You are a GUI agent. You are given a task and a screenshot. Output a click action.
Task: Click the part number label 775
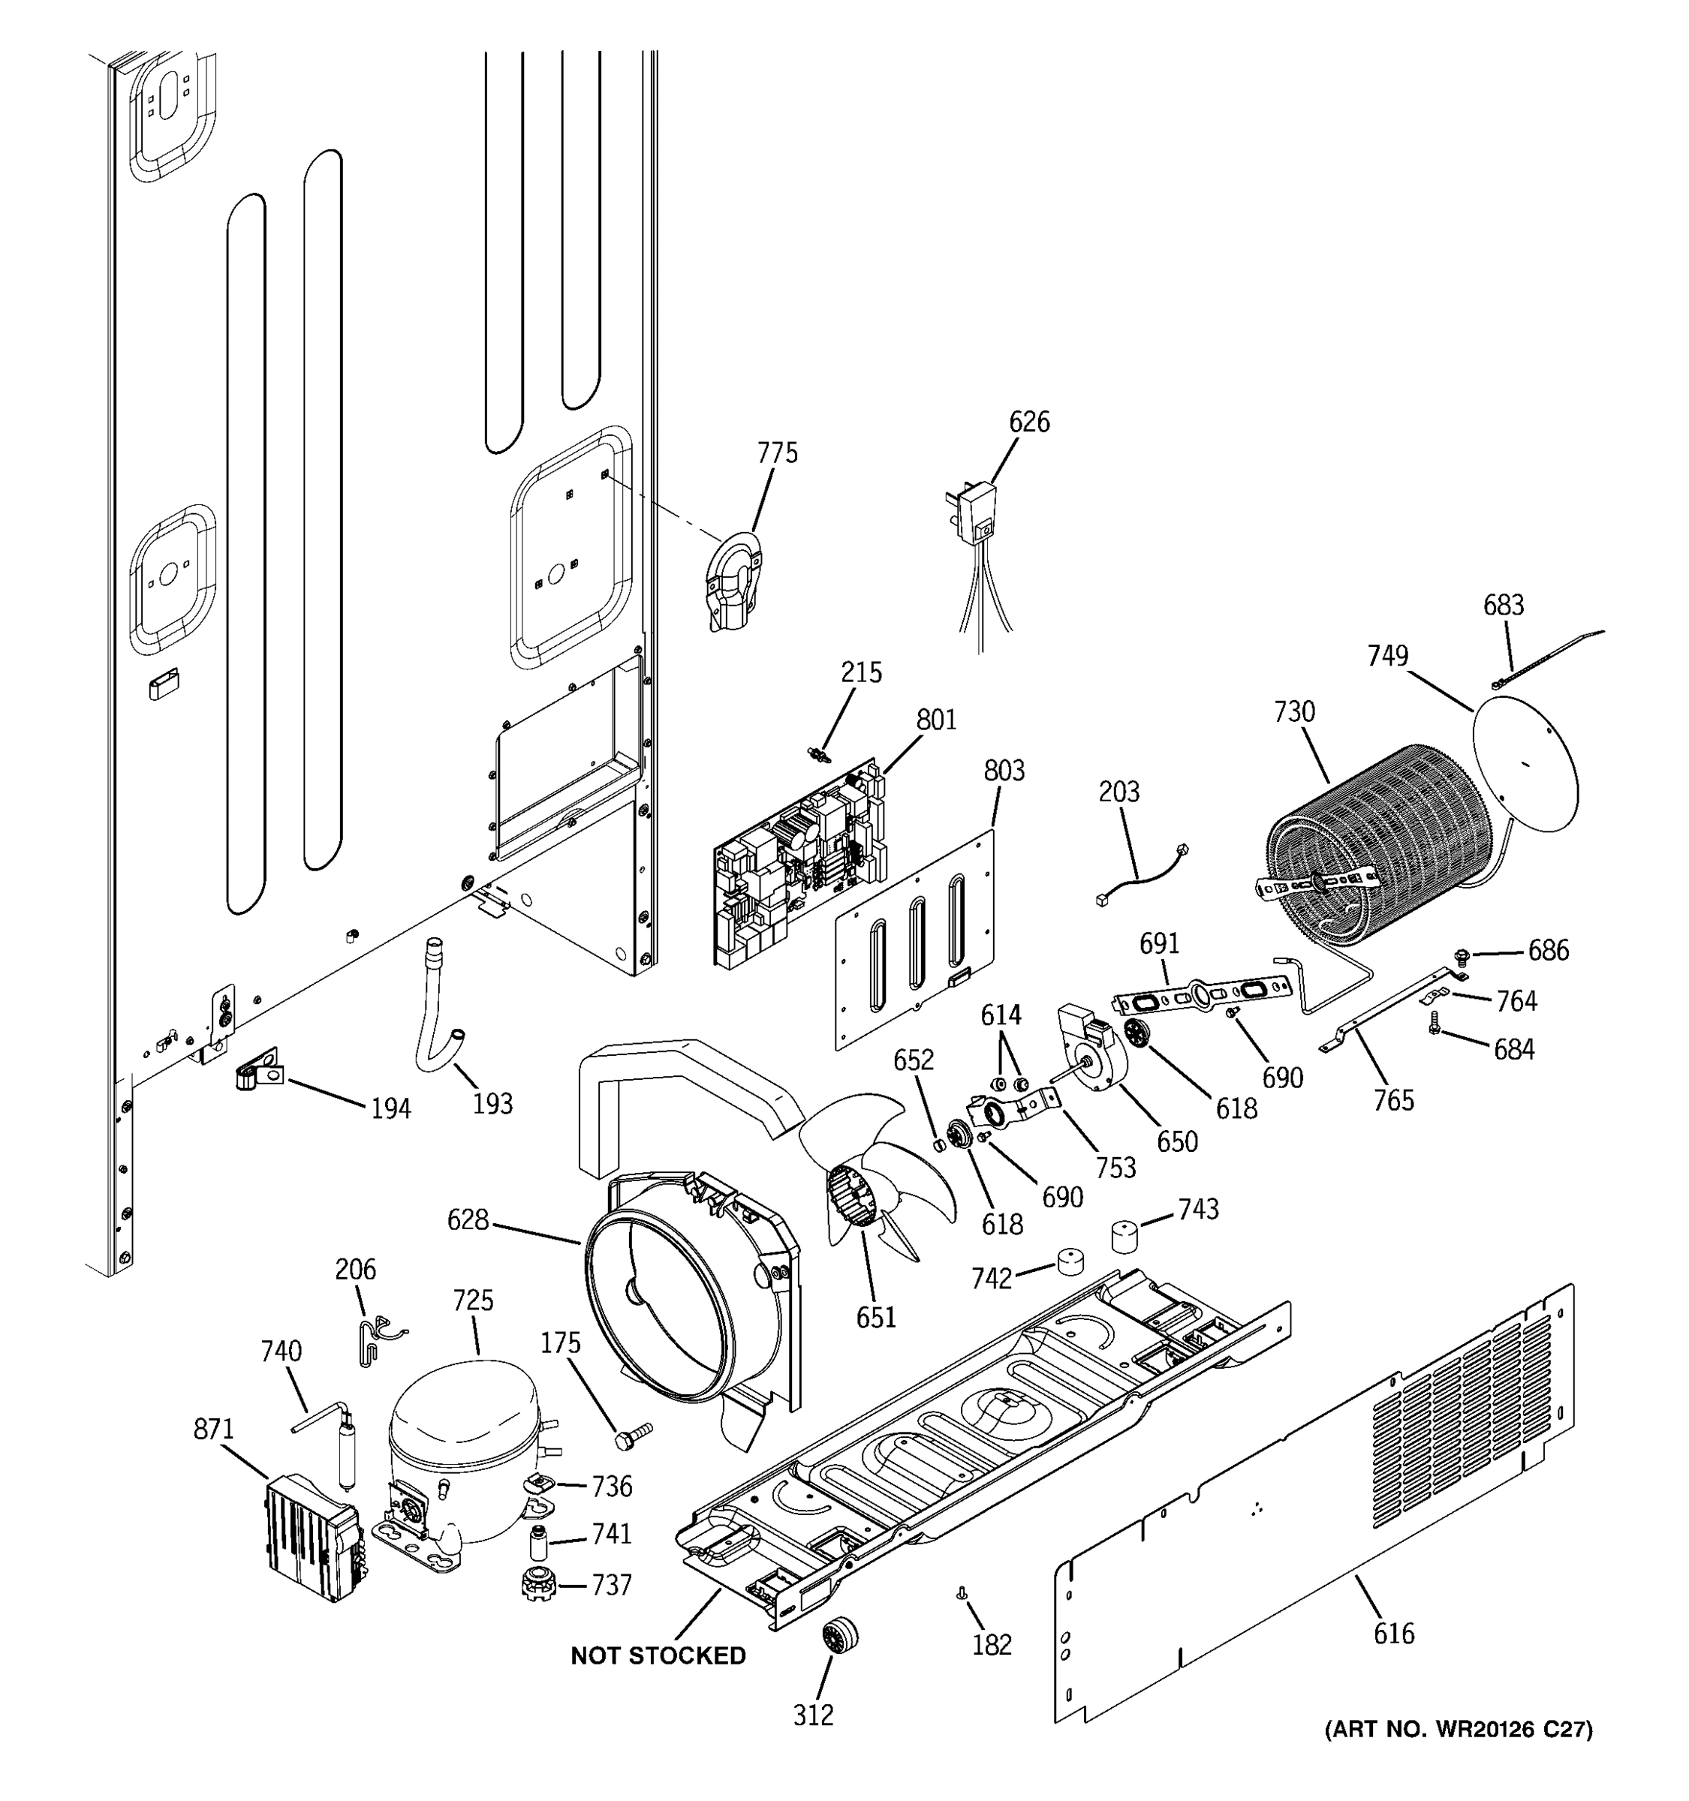tap(778, 453)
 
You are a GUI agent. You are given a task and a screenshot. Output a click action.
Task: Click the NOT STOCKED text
tap(658, 1655)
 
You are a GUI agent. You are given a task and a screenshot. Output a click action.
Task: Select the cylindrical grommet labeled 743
tap(1125, 1234)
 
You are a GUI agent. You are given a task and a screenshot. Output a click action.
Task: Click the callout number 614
tap(1001, 1015)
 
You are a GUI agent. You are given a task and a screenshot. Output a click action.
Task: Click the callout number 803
tap(1004, 771)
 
